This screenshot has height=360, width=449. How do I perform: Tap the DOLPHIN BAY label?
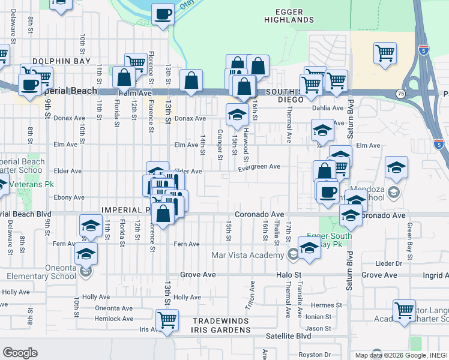click(61, 61)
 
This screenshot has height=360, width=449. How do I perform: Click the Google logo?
click(20, 353)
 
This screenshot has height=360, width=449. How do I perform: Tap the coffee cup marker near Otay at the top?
click(163, 14)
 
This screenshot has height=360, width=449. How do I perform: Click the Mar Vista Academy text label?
click(247, 255)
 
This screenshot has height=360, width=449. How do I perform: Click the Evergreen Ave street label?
click(259, 167)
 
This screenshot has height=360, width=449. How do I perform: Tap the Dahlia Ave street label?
click(327, 109)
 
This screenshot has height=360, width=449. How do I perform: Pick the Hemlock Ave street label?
click(114, 319)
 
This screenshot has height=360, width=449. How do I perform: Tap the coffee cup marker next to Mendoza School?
click(328, 193)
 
